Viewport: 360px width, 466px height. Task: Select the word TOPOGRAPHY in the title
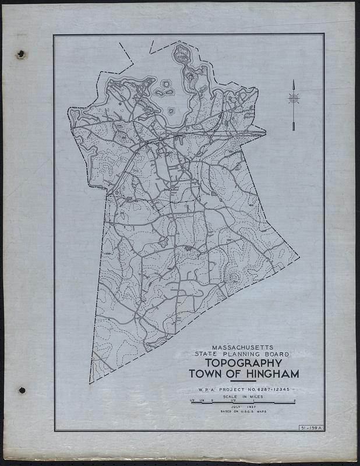243,363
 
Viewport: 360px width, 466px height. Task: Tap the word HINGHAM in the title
271,374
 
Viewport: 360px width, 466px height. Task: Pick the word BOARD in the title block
276,354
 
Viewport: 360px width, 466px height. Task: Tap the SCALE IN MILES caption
243,396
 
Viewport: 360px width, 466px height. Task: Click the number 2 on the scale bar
295,400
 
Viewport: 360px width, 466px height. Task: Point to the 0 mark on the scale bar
213,400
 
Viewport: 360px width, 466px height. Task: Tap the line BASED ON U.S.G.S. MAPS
243,412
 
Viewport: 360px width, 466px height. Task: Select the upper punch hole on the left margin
22,54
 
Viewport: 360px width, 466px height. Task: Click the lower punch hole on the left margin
22,390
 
